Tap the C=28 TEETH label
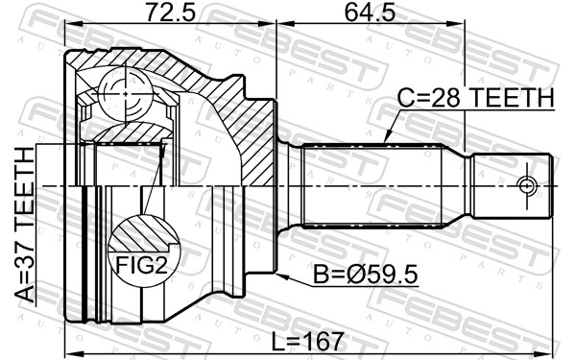476,97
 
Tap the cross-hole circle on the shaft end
527,183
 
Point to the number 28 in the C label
440,97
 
